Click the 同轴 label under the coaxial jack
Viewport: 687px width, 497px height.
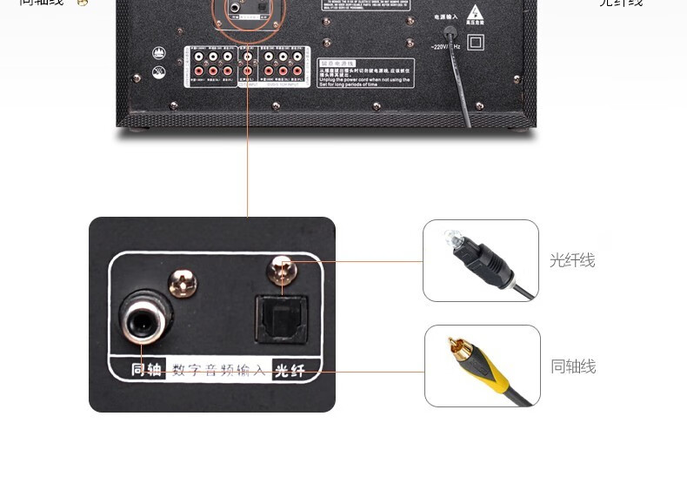pyautogui.click(x=147, y=370)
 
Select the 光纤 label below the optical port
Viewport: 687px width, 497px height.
pyautogui.click(x=290, y=371)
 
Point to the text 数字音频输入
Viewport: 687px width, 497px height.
pyautogui.click(x=218, y=371)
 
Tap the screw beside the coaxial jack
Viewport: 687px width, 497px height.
pyautogui.click(x=183, y=281)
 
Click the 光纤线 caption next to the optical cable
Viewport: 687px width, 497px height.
pyautogui.click(x=572, y=260)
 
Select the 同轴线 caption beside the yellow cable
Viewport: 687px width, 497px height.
pyautogui.click(x=573, y=366)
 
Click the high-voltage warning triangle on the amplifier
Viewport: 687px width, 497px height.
pyautogui.click(x=474, y=14)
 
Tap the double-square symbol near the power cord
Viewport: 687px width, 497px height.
pyautogui.click(x=476, y=41)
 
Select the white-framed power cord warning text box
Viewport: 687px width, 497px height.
pyautogui.click(x=365, y=72)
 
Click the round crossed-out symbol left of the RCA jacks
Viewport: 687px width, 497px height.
pyautogui.click(x=159, y=72)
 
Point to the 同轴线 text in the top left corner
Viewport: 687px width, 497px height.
pyautogui.click(x=41, y=3)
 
